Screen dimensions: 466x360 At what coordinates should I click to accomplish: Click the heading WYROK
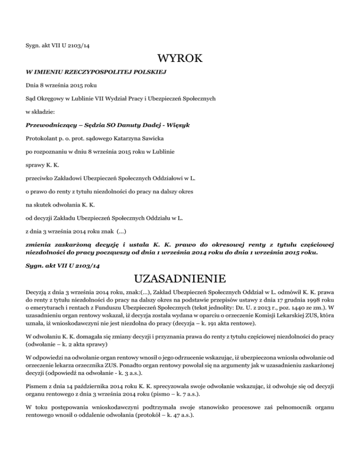tap(180, 59)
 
